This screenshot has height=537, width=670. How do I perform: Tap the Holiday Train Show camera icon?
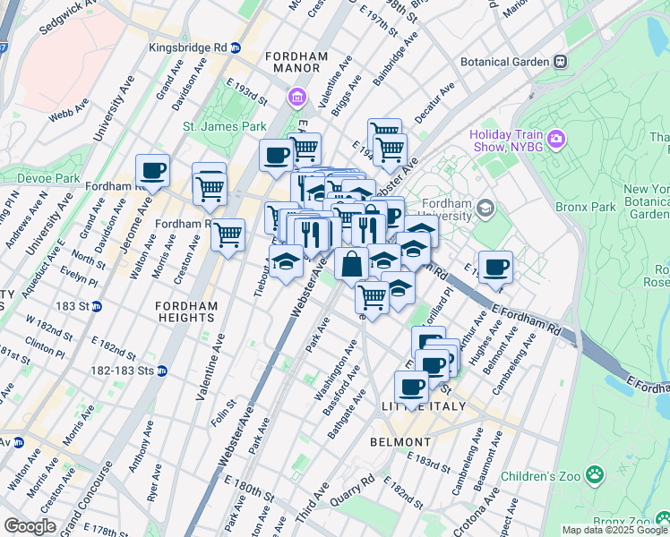pos(557,137)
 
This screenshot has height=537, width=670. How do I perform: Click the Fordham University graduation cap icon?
pos(486,209)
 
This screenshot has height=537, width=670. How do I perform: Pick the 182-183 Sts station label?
pos(122,371)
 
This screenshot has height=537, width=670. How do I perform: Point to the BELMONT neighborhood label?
pos(400,442)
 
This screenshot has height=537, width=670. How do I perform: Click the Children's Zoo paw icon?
pos(592,473)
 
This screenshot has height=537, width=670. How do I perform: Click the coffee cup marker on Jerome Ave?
pos(152,170)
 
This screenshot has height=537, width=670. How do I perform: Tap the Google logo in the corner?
pos(30,526)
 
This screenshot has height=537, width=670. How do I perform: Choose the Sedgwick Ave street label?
pos(68,18)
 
